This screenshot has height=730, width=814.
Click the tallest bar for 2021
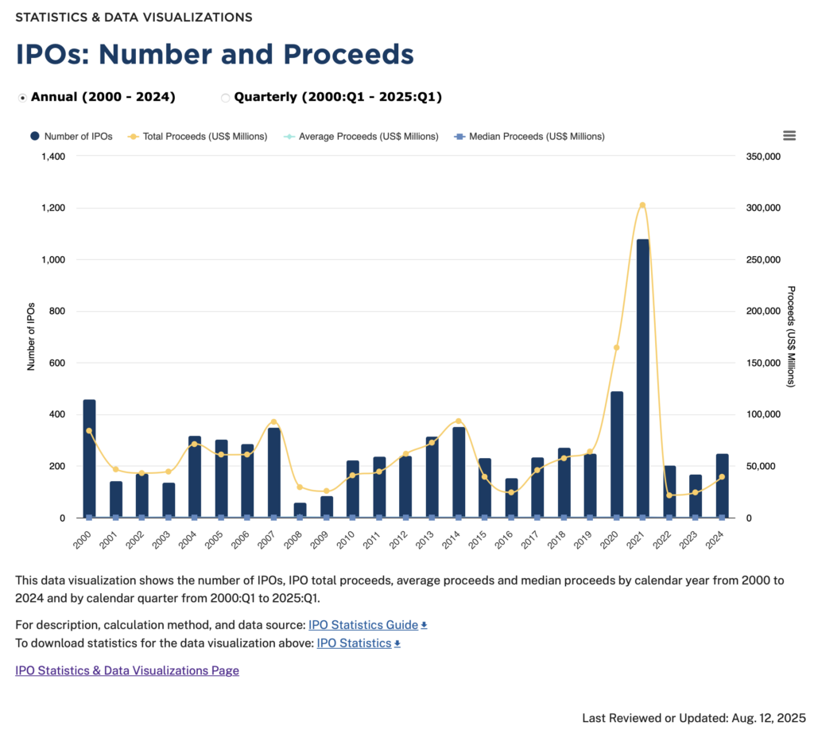(642, 378)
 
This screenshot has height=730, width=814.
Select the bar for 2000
(89, 458)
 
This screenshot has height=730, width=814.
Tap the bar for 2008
(300, 510)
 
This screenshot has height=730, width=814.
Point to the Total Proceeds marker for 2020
(616, 348)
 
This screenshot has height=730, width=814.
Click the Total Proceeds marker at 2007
(273, 421)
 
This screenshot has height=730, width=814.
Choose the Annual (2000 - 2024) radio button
(22, 98)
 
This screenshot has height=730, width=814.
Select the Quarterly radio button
(225, 98)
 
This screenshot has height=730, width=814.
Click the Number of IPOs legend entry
(71, 136)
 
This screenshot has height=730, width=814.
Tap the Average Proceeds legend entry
(361, 136)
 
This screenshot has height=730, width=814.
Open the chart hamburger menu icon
(789, 136)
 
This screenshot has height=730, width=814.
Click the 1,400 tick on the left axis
(52, 157)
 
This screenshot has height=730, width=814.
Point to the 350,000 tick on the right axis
(764, 157)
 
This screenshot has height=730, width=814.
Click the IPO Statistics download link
(355, 643)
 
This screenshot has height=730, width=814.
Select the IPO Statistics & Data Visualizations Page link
(127, 670)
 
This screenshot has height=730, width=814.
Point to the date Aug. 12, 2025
(767, 717)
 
